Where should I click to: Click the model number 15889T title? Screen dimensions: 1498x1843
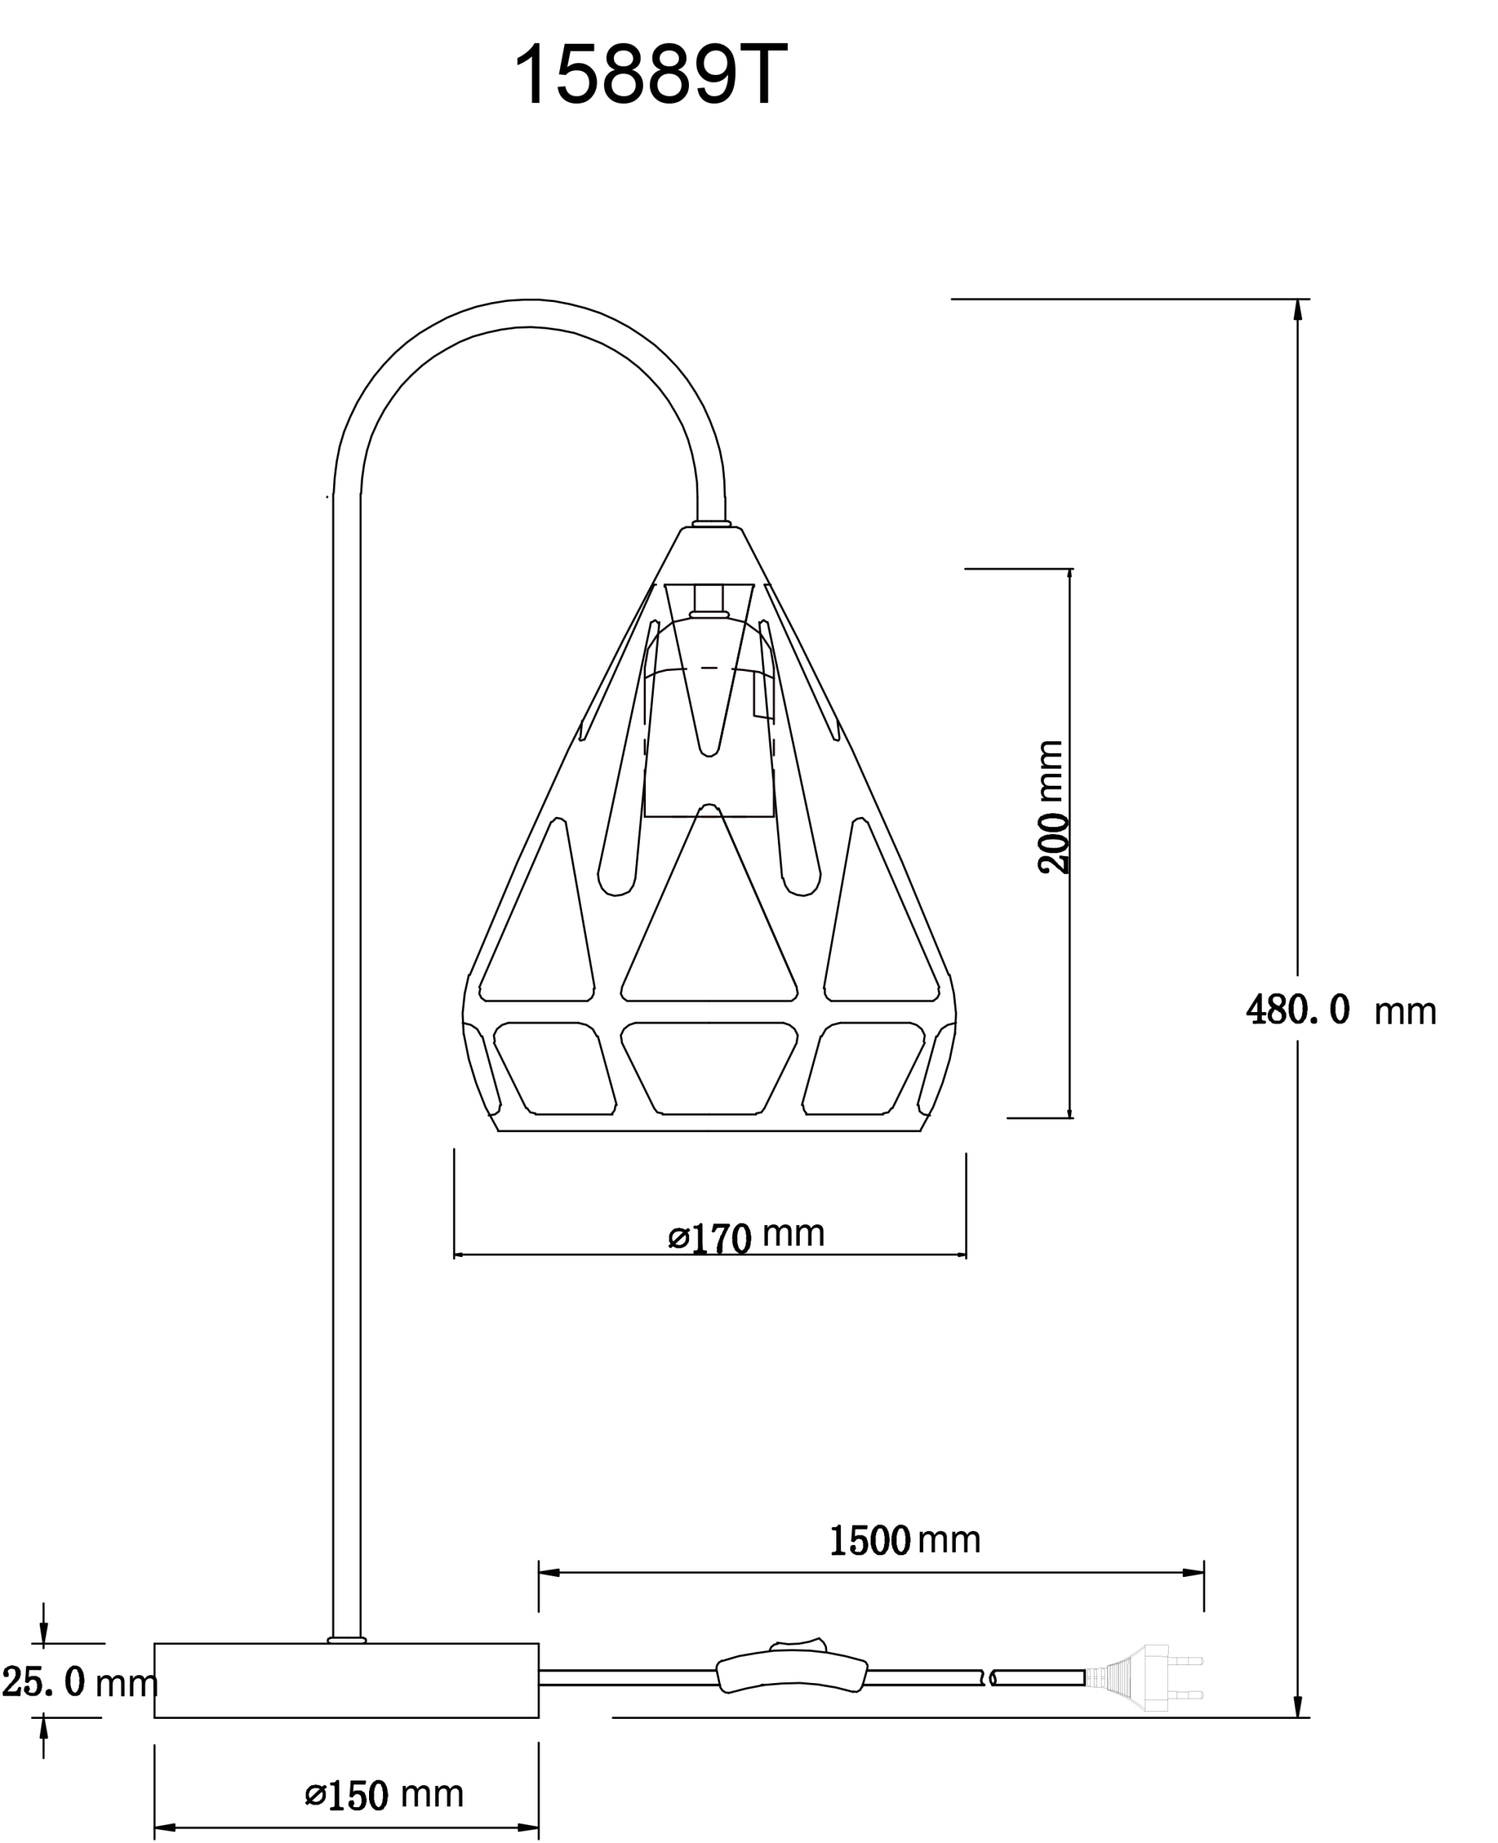651,75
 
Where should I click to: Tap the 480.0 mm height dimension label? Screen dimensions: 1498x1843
1341,1010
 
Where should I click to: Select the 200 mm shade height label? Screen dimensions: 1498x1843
1052,807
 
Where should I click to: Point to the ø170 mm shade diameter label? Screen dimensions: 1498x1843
747,1237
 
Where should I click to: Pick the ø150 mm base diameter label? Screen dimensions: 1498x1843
384,1795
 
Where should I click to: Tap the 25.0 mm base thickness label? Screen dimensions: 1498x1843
80,1682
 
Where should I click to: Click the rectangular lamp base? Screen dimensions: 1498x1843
346,1680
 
